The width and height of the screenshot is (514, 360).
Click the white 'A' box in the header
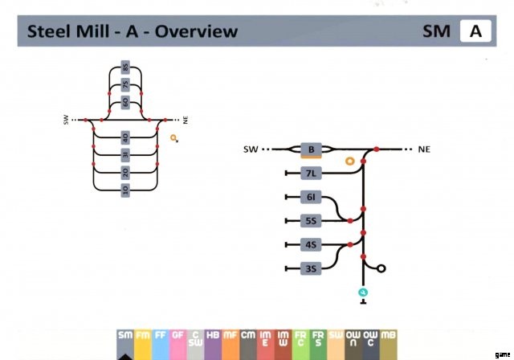[x=475, y=32]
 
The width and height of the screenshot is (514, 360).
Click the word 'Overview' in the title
[x=196, y=32]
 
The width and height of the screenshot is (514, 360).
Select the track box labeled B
[x=311, y=149]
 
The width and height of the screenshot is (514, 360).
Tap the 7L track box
[x=311, y=174]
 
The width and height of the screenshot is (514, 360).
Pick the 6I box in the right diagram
[x=311, y=197]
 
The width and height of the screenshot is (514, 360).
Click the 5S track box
[x=311, y=220]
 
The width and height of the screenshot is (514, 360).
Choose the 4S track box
[x=311, y=244]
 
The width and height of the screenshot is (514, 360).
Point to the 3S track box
[x=311, y=269]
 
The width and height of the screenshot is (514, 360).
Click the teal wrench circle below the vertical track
[x=363, y=292]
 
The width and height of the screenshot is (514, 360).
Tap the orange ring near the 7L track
[x=349, y=162]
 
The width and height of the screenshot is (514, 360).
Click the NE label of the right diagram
[x=425, y=149]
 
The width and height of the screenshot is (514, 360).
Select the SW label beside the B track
[x=251, y=149]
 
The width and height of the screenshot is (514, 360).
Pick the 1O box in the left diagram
[x=125, y=190]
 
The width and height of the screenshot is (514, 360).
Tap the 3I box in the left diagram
[x=125, y=154]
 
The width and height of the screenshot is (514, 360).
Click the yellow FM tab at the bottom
[x=143, y=340]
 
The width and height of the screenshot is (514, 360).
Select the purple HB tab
[x=213, y=340]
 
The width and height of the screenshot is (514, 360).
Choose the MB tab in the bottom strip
[x=388, y=340]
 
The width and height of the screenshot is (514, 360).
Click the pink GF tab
[x=177, y=340]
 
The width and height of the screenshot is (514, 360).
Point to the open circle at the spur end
[x=381, y=269]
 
